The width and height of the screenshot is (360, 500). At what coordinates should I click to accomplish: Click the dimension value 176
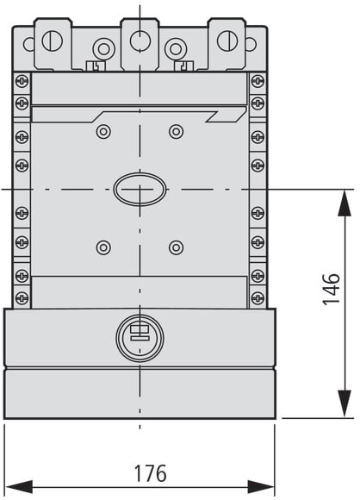pos(151,473)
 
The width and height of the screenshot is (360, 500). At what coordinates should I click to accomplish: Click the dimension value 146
pos(332,289)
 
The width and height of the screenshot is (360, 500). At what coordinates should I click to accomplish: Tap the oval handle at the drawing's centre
pos(140,189)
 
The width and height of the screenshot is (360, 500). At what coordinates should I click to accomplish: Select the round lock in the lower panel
pos(140,338)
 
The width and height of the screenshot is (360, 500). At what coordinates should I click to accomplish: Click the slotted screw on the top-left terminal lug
pos(53,41)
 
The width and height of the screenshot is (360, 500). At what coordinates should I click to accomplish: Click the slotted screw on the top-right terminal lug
pos(227,41)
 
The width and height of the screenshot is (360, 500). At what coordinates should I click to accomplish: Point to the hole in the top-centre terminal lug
pos(140,41)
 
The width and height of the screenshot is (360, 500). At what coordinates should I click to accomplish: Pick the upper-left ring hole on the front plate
pos(103,131)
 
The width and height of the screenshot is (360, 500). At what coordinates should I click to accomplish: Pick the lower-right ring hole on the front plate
pos(177,247)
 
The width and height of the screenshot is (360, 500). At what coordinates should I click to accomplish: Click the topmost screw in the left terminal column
pos(22,81)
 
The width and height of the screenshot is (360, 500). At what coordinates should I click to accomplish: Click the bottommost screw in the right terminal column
pos(258,297)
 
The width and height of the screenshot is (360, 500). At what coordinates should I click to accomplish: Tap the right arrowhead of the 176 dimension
pos(261,487)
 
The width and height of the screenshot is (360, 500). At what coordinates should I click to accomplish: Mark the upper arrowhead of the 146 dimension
pos(344,203)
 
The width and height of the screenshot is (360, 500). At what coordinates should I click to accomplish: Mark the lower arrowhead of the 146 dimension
pos(344,403)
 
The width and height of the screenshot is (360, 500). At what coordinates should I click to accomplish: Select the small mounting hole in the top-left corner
pos(28,44)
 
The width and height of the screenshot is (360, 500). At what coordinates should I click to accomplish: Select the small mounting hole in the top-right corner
pos(251,44)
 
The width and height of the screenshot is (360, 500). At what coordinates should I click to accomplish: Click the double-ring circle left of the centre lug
pos(103,49)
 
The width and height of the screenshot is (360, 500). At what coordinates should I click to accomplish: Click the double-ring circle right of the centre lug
pos(176,49)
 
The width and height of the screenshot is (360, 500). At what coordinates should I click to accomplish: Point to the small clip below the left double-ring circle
pos(96,66)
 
